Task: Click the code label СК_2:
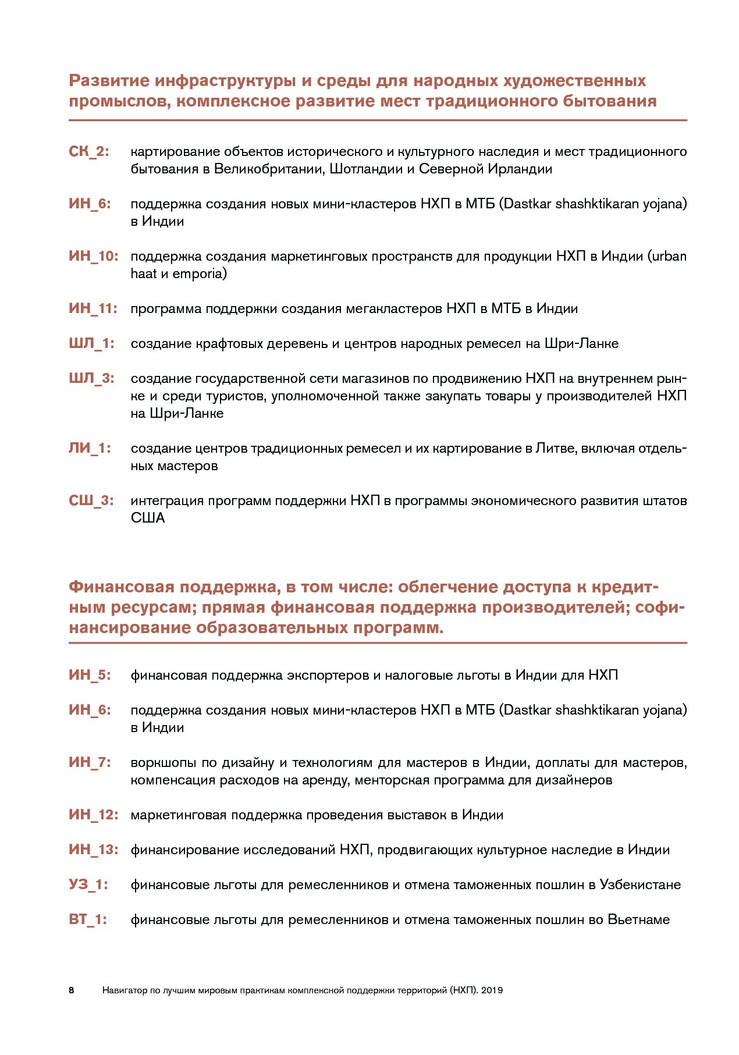(89, 152)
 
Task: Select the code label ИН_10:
(93, 257)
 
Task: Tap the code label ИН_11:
(93, 309)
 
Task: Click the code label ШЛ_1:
(91, 344)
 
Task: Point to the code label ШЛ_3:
(91, 379)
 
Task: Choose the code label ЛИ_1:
(90, 449)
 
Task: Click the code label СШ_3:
(91, 501)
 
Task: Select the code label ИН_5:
(90, 676)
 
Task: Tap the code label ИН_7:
(90, 763)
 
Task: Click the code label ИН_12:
(93, 815)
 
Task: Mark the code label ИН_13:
(93, 850)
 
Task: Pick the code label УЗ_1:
(88, 885)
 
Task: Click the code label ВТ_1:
(88, 920)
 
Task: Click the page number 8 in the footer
(72, 990)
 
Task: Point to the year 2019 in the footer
(492, 990)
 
